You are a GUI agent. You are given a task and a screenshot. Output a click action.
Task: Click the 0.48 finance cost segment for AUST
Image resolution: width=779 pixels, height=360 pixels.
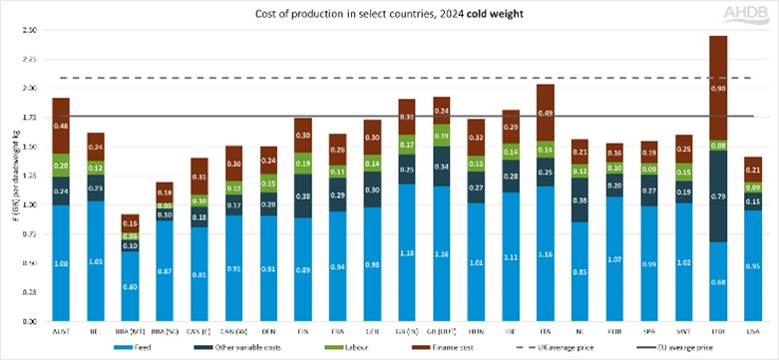pyautogui.click(x=61, y=126)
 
